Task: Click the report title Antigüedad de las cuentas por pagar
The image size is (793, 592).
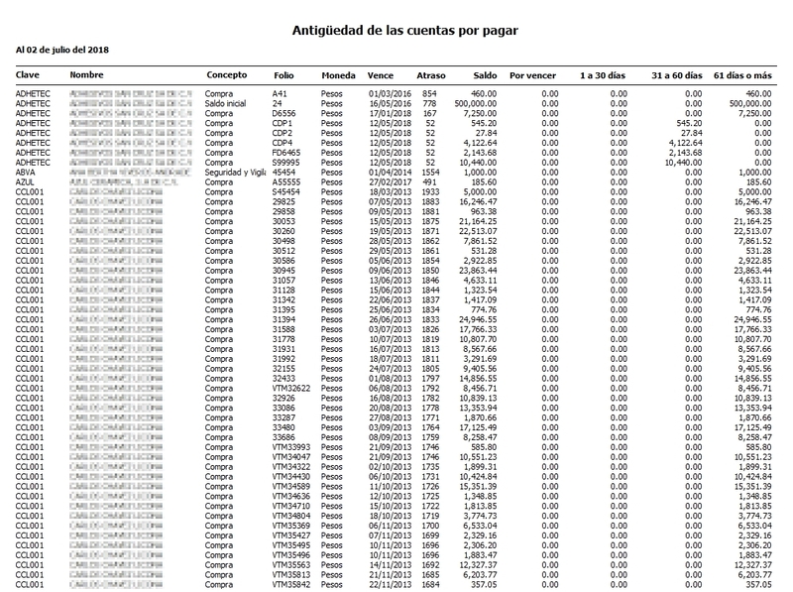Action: pos(405,31)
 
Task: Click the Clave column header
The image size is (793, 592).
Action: pos(28,75)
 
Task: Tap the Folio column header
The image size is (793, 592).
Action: pos(283,75)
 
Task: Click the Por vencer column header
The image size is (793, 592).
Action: pos(530,75)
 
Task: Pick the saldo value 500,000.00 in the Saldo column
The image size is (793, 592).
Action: pos(472,102)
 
